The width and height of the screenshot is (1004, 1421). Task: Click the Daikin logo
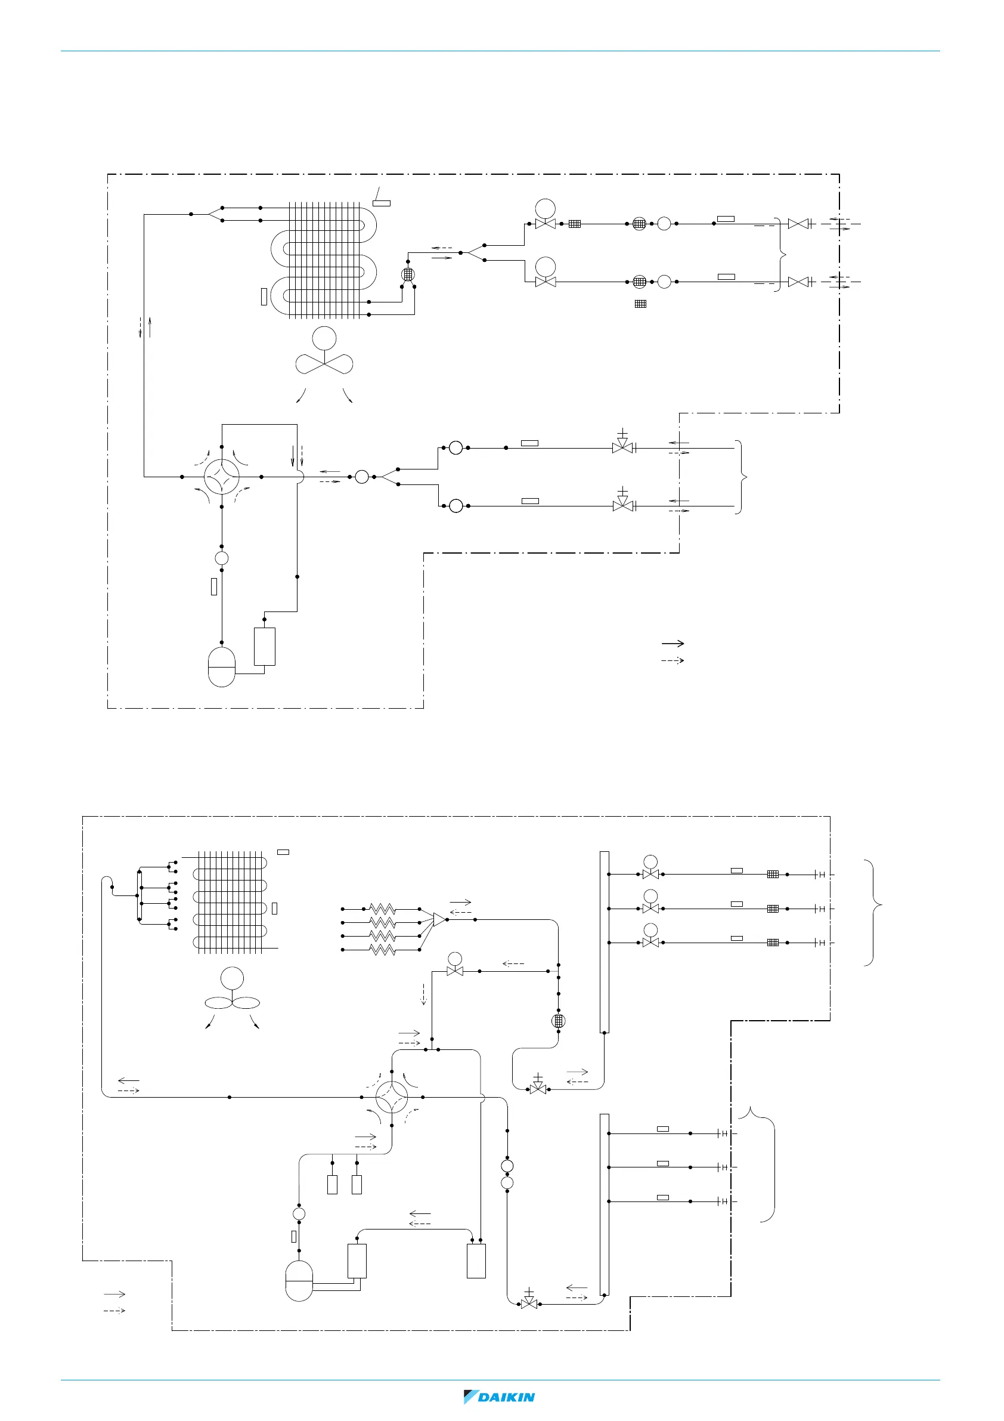tap(499, 1397)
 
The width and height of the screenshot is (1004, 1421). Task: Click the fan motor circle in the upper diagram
tap(324, 338)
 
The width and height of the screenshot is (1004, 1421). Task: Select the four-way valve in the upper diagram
tap(221, 477)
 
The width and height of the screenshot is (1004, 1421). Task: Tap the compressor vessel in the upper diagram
tap(221, 666)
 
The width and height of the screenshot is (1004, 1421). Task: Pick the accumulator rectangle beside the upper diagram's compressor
tap(265, 646)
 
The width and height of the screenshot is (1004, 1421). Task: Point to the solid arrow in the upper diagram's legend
tap(673, 644)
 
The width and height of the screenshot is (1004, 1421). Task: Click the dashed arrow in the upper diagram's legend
tap(673, 661)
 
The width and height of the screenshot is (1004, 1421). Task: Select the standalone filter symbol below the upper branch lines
tap(641, 304)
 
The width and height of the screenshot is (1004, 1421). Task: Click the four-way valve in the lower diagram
tap(392, 1097)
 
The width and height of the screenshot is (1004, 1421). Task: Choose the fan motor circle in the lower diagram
tap(232, 978)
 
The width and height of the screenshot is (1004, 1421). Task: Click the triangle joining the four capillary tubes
tap(439, 920)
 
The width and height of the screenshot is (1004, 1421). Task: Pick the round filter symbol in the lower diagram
tap(558, 1021)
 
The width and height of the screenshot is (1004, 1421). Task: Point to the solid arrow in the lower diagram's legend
tap(114, 1294)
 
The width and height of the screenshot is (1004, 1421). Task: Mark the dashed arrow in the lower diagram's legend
tap(114, 1311)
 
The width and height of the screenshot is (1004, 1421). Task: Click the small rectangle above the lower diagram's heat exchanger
tap(283, 852)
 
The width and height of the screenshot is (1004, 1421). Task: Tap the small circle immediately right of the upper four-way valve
tap(362, 477)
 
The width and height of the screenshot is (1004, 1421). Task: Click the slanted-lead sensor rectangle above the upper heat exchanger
tap(382, 203)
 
